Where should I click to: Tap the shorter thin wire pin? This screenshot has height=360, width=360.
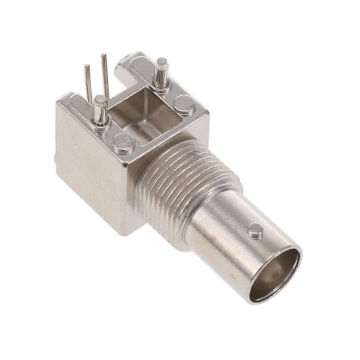(88, 84)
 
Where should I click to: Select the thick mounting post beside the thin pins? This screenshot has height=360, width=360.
(100, 110)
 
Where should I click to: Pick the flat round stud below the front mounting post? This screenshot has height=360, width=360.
(123, 143)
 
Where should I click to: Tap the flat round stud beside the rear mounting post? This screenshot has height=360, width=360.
(184, 105)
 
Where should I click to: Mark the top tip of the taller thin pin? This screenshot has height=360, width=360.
(103, 56)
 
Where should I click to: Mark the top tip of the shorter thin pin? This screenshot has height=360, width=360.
(87, 67)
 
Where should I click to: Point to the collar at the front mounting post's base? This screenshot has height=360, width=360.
(101, 123)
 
